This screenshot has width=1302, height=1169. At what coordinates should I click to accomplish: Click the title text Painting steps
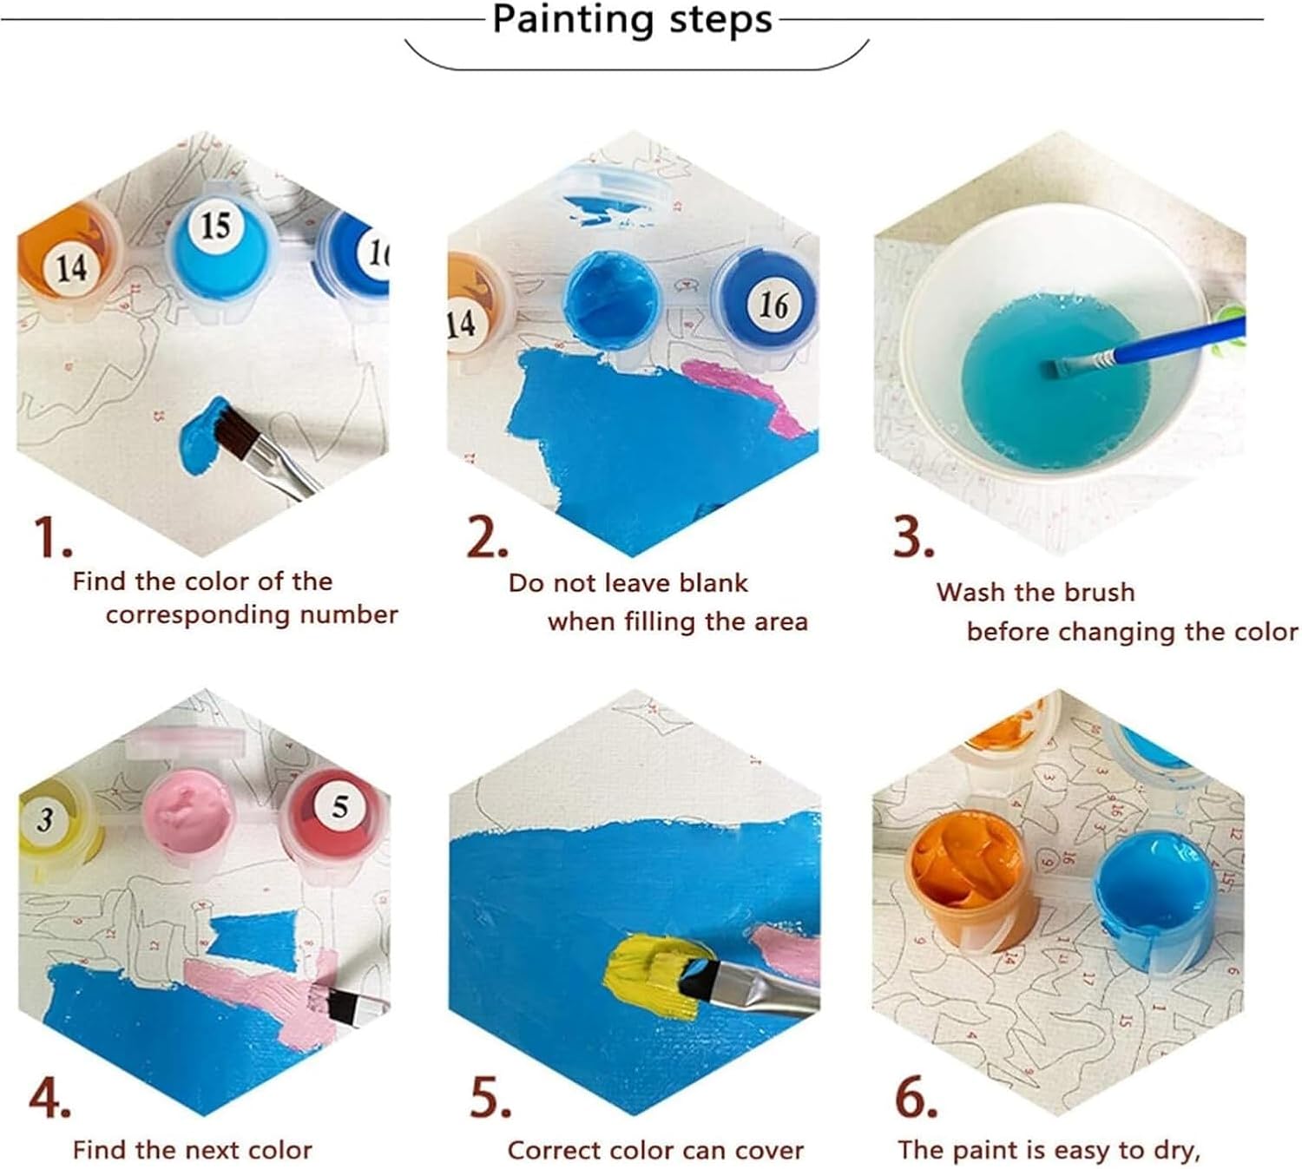coord(632,19)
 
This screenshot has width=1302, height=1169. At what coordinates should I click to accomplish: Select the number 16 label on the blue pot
coord(773,305)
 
